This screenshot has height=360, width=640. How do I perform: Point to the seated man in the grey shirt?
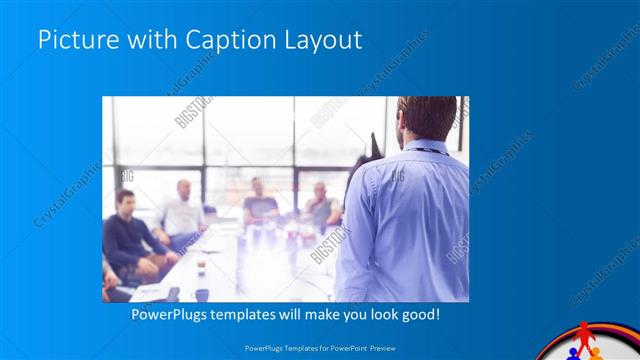pyautogui.click(x=321, y=204)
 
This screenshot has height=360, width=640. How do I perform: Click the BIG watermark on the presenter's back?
pyautogui.click(x=397, y=176)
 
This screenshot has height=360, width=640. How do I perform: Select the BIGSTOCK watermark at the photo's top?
pyautogui.click(x=195, y=112)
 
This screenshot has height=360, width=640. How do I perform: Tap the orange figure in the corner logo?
pyautogui.click(x=597, y=354)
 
